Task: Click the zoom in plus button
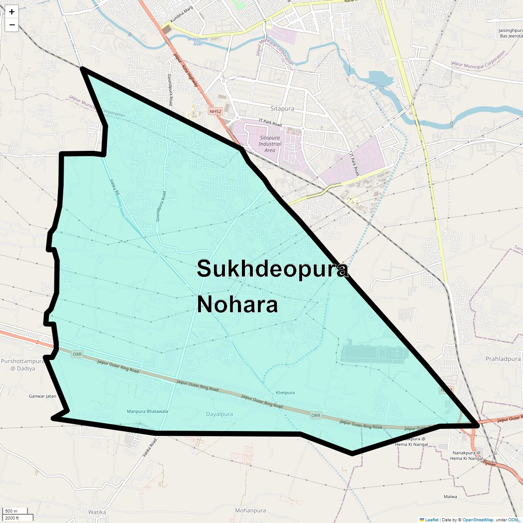12,12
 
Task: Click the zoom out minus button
12,25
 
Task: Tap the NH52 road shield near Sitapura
215,112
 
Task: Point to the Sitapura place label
282,109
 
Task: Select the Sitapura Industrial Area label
270,144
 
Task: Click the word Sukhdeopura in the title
272,269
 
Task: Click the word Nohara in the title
237,304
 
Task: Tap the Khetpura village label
285,393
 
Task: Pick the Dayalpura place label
219,414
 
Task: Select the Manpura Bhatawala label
147,411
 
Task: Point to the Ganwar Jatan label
42,396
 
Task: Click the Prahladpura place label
503,359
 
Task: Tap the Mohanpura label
250,510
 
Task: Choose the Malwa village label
450,497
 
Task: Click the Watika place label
97,512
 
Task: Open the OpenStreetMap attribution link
478,520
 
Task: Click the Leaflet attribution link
431,520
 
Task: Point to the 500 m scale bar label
11,511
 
